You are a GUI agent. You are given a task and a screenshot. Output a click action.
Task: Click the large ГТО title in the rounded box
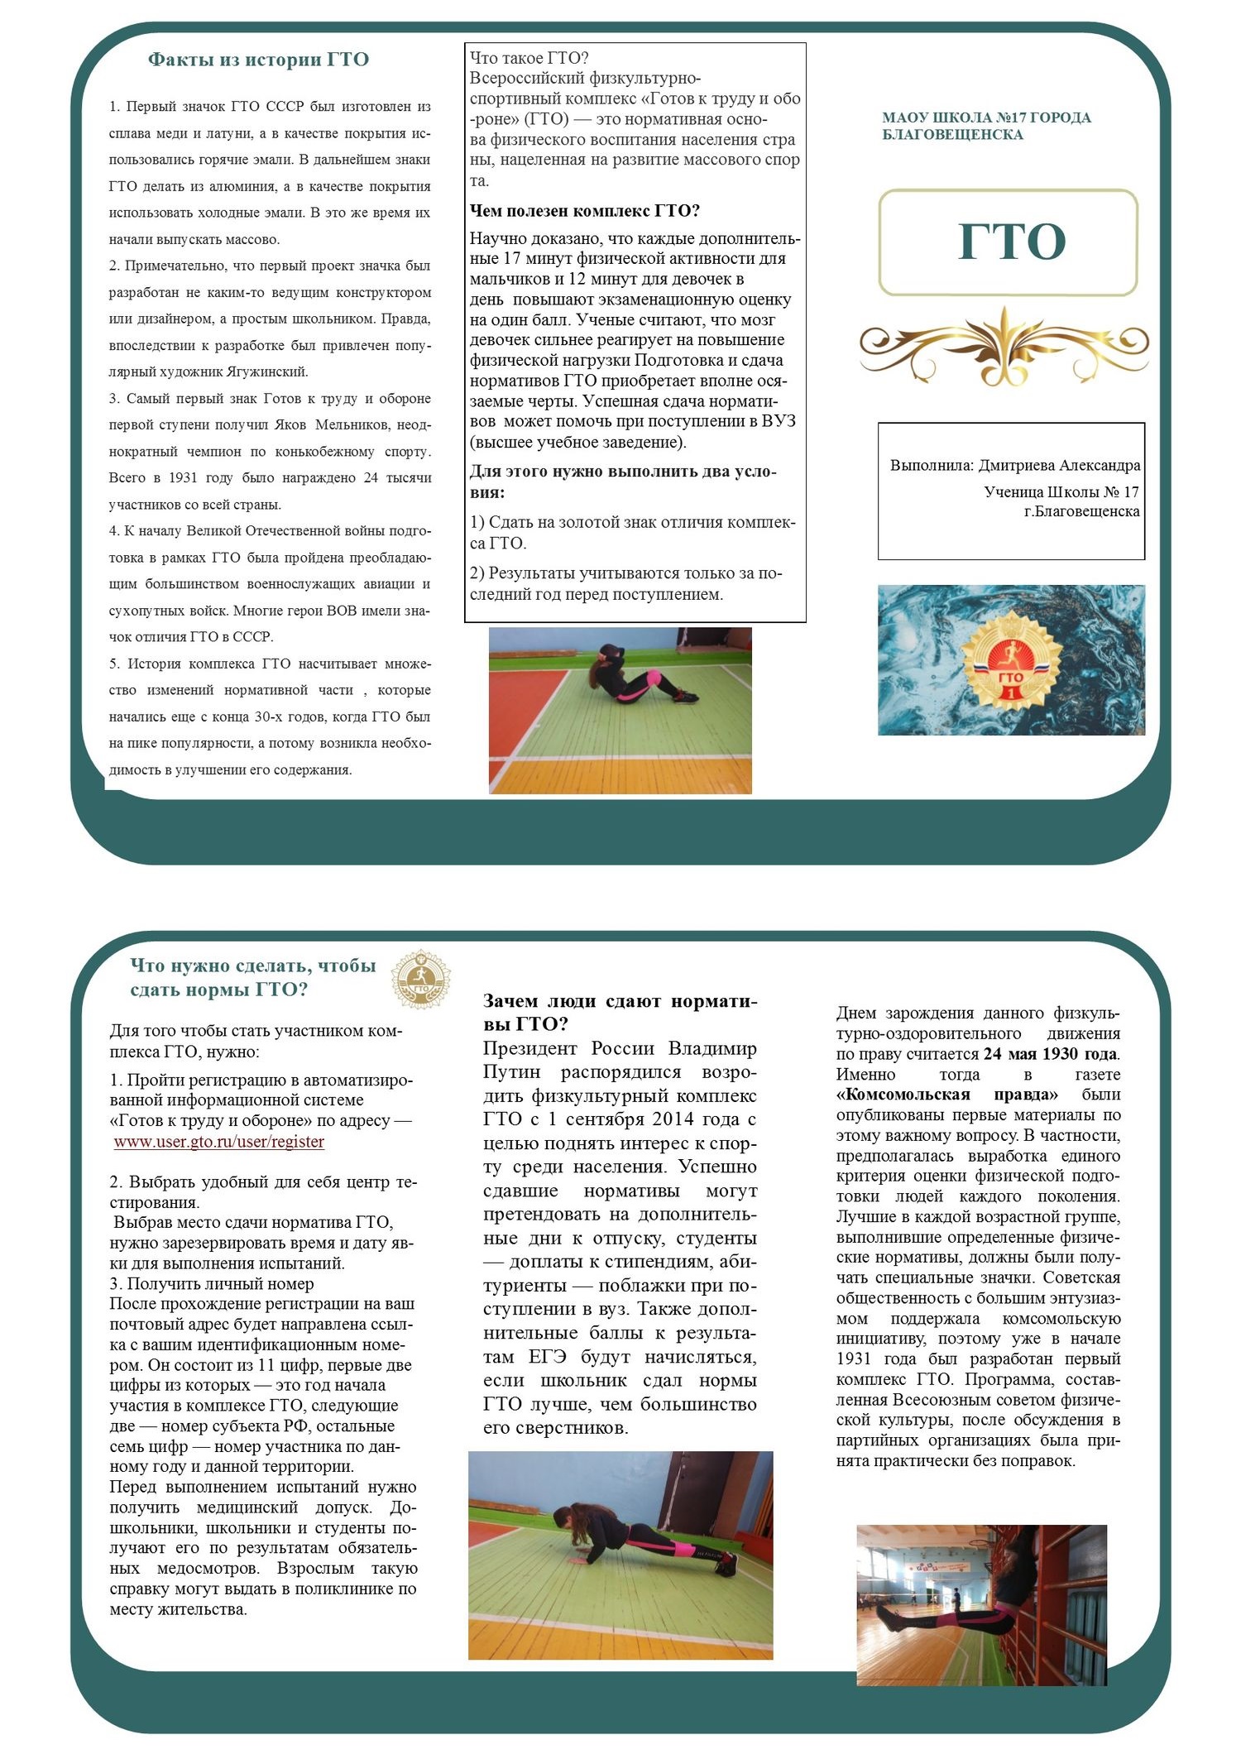1011,242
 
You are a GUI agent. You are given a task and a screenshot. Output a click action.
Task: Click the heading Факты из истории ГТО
258,60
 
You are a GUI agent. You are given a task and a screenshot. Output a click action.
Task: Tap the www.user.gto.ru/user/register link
219,1142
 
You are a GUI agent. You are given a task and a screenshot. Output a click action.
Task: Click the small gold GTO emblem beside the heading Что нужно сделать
421,979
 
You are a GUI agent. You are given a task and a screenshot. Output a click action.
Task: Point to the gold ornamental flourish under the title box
1004,346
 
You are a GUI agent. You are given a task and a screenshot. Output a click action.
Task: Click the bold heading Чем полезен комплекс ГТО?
585,211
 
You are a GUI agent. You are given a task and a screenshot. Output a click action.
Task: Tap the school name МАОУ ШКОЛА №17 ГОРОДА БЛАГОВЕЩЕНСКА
986,126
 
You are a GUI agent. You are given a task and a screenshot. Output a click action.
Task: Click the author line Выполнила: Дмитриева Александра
1014,466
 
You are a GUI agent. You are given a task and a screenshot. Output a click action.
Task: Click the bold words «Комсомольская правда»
946,1095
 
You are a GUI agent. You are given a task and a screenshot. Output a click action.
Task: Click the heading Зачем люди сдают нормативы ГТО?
620,1012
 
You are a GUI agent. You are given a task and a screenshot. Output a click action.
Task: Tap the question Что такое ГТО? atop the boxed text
529,58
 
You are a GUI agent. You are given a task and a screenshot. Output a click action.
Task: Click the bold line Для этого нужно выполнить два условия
623,482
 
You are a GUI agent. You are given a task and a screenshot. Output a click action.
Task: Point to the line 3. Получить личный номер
212,1284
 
